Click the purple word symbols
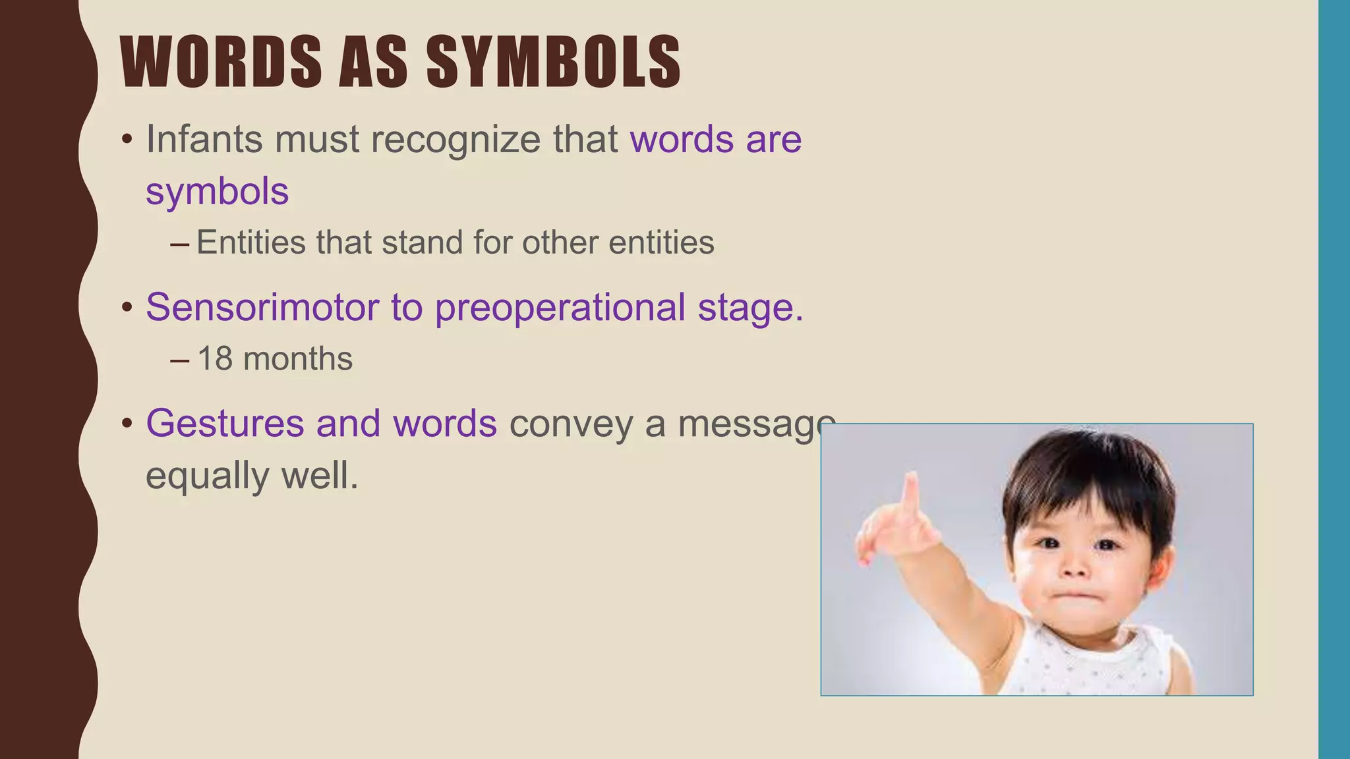pos(217,192)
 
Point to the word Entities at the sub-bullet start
pos(251,242)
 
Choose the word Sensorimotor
pos(262,307)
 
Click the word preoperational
pos(560,308)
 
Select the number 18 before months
pos(214,359)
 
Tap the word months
pos(297,359)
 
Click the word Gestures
pos(225,424)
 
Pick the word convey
pos(571,424)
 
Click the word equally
pos(207,476)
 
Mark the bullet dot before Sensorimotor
pos(127,308)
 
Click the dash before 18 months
pos(179,360)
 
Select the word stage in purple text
pos(746,308)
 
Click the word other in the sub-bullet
pos(559,242)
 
